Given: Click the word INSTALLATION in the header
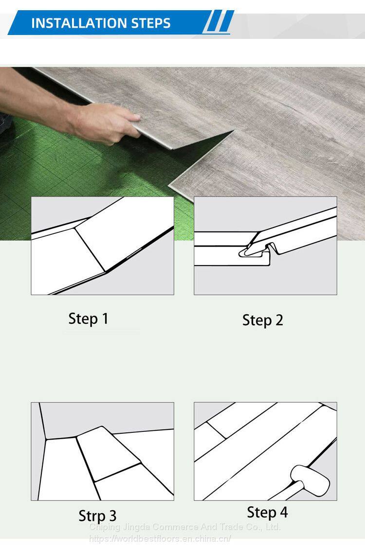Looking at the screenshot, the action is tap(79, 23).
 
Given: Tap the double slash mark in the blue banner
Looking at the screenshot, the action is tap(219, 22).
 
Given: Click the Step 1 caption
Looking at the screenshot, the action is tap(89, 319).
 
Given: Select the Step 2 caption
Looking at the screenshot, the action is tap(262, 320).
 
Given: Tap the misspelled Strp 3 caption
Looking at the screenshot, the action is tap(97, 515).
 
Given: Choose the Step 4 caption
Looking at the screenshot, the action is tap(268, 512).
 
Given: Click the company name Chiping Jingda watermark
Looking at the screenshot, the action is tap(184, 527).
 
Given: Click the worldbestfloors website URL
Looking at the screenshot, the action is tap(160, 538).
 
